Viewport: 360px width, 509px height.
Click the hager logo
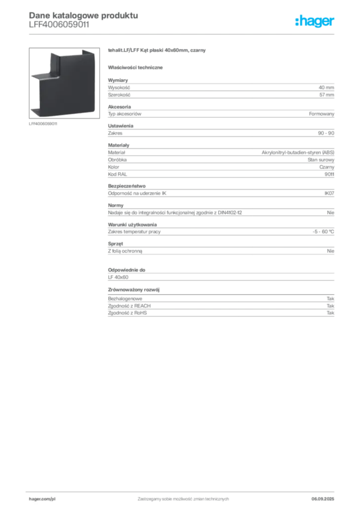click(315, 21)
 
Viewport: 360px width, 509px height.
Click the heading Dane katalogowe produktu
click(84, 15)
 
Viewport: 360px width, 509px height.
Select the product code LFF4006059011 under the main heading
click(59, 25)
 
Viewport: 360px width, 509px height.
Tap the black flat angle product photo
click(64, 83)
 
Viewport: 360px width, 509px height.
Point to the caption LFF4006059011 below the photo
click(43, 124)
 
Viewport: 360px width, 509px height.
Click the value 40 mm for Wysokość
click(326, 87)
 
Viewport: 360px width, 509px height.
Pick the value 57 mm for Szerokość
click(327, 95)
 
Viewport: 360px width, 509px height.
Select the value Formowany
click(321, 114)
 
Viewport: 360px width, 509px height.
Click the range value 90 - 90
click(326, 133)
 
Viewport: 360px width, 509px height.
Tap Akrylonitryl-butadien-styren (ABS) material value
click(298, 152)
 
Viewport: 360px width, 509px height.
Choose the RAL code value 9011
click(329, 174)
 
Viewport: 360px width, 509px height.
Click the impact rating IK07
click(329, 193)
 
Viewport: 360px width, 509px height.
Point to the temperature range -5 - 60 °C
click(323, 232)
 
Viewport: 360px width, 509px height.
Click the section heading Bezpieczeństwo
click(127, 186)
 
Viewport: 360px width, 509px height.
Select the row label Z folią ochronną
click(125, 251)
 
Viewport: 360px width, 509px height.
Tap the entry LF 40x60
click(118, 277)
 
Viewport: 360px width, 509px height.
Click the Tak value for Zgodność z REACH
click(331, 306)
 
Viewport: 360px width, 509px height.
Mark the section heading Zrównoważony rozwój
click(134, 290)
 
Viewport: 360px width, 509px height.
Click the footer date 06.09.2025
click(323, 499)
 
